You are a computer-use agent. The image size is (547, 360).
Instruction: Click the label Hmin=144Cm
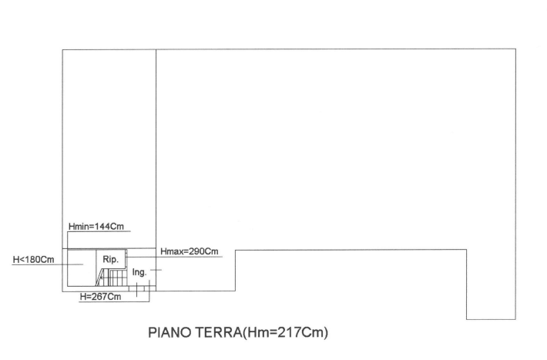pos(96,227)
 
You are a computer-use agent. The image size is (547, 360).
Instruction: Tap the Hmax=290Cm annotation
pos(189,251)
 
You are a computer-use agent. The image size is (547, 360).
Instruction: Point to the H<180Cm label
pos(33,260)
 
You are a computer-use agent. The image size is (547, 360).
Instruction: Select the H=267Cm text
pos(100,297)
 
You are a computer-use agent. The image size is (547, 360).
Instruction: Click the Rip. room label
pos(111,260)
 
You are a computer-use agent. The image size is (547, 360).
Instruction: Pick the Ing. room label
pos(139,272)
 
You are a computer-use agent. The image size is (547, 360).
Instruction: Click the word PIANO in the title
pos(170,332)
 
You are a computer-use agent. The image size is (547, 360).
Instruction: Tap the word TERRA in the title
pos(218,332)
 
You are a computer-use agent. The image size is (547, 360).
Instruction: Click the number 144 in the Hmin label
pos(103,227)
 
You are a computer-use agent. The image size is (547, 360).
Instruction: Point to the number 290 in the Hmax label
pos(196,251)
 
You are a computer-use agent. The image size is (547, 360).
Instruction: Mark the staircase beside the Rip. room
pos(111,278)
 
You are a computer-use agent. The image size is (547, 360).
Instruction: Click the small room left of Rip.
pos(82,267)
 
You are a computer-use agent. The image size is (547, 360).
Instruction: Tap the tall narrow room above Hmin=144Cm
pos(109,149)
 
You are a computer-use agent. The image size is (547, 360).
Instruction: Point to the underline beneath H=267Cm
pos(114,301)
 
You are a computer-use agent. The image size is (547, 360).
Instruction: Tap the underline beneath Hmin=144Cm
pos(99,231)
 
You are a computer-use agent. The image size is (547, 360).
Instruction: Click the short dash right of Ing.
pos(156,270)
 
